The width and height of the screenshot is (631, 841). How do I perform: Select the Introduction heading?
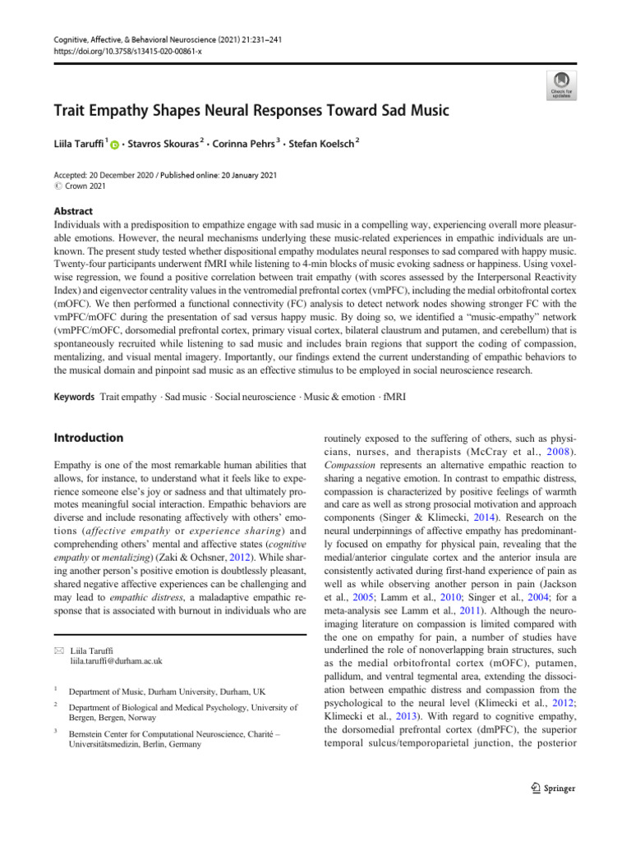[87, 438]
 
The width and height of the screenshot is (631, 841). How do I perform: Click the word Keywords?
[73, 396]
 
